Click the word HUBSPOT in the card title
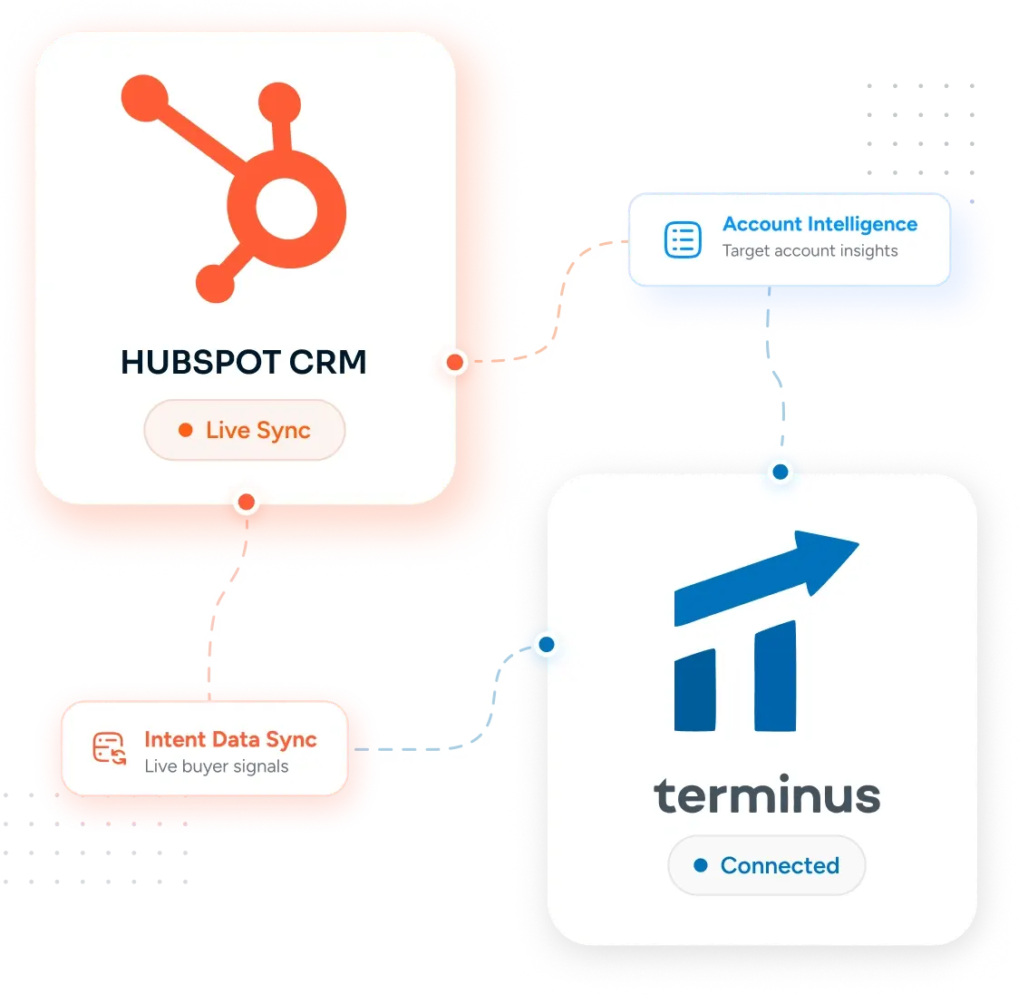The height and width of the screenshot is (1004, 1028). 201,362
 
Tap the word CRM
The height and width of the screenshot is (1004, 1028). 328,362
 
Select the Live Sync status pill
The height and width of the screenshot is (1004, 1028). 245,430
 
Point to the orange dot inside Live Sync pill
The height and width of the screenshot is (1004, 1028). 186,430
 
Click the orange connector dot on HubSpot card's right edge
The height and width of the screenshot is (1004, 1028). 455,362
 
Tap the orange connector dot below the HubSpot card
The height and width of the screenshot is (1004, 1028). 247,502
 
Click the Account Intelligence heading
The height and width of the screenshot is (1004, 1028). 819,224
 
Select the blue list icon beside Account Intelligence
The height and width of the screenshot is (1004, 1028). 684,240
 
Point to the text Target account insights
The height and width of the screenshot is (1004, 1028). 810,251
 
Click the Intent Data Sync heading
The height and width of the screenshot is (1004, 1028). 231,740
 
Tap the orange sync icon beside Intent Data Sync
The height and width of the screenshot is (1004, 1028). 109,748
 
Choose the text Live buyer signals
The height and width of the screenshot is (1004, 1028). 217,766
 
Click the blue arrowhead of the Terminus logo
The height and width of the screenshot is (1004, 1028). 823,560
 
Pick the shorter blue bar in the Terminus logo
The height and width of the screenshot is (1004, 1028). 695,690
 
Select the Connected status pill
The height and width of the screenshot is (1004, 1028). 766,865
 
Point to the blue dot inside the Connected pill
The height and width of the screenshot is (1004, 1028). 701,865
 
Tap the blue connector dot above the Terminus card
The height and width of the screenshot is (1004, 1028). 781,473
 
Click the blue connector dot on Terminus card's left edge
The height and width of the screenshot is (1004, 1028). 547,645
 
